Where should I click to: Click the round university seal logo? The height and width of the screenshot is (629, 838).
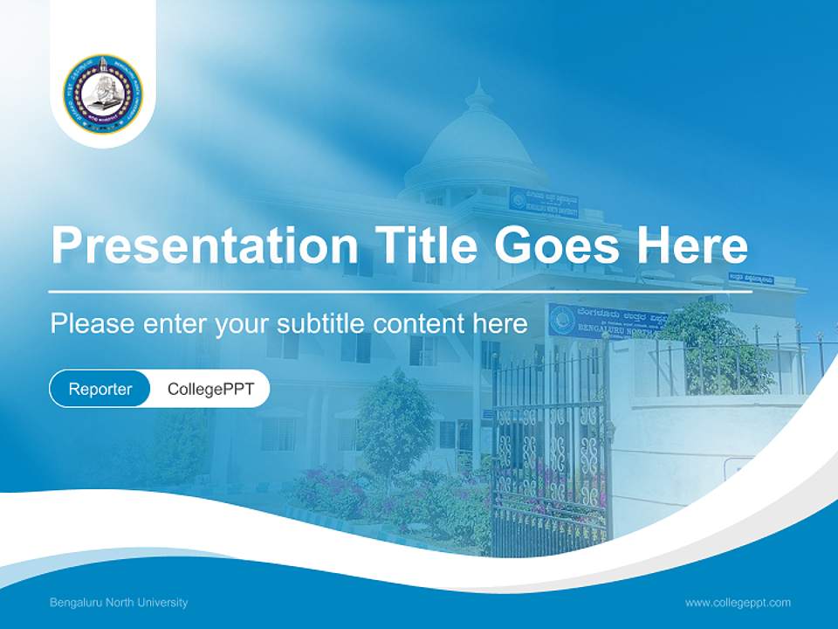coord(102,94)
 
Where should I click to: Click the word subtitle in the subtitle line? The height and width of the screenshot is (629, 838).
coord(322,323)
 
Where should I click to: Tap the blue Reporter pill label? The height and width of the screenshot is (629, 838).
coord(100,389)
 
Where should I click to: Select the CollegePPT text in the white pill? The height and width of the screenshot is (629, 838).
coord(210,389)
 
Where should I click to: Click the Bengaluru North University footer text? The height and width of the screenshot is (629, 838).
coord(119,602)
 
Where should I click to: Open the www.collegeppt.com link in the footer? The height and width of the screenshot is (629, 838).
coord(738,602)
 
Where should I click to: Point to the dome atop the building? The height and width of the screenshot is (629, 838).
coord(476,144)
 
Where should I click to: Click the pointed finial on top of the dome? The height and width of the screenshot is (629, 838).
coord(477,90)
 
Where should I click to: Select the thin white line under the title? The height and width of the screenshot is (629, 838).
coord(401,291)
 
